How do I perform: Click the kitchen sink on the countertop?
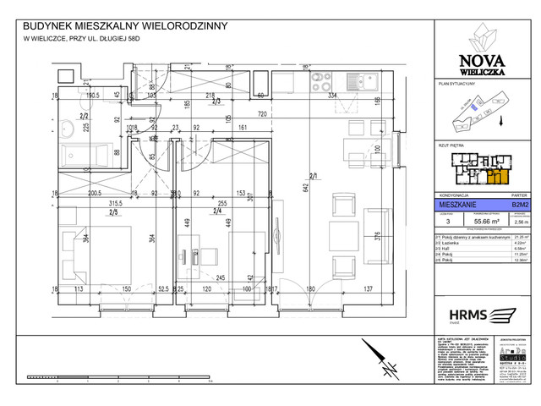[x=370, y=83]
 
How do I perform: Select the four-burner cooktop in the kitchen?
[x=321, y=83]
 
